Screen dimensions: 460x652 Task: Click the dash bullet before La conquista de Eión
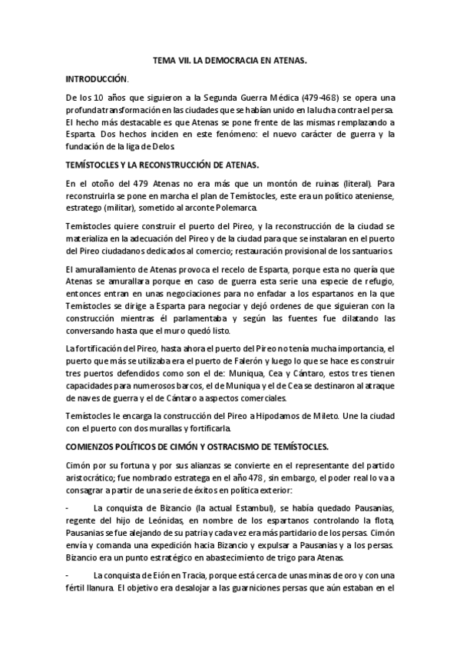(69, 575)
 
